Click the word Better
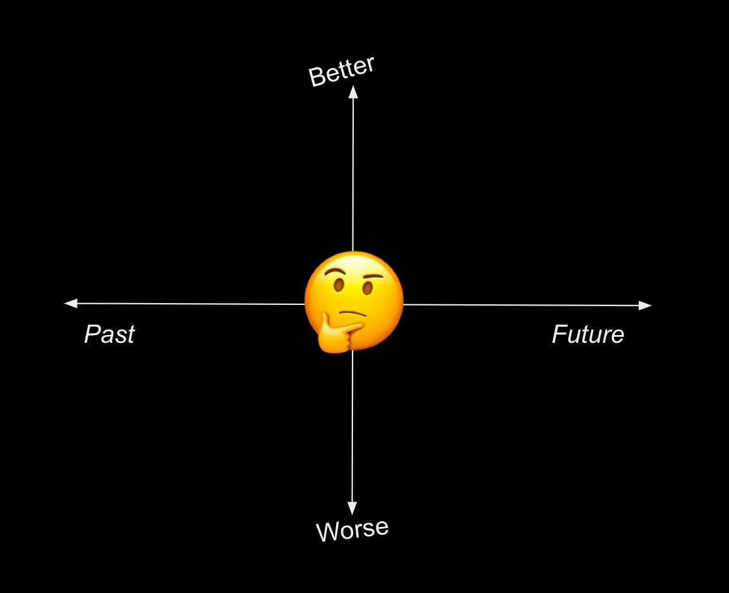pos(341,72)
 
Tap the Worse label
pos(352,530)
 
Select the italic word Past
pos(109,334)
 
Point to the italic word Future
pos(588,334)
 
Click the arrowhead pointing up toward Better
pos(353,92)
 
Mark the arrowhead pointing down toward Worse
pos(352,508)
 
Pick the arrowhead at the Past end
pos(71,303)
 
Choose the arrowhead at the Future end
pos(645,306)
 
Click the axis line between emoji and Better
pos(353,174)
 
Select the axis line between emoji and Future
pos(523,305)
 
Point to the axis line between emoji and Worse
pos(352,427)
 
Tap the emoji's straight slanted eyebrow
pos(373,278)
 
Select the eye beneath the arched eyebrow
pos(339,284)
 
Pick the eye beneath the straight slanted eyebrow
pos(368,289)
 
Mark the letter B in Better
pos(316,77)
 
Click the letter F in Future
pos(560,334)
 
